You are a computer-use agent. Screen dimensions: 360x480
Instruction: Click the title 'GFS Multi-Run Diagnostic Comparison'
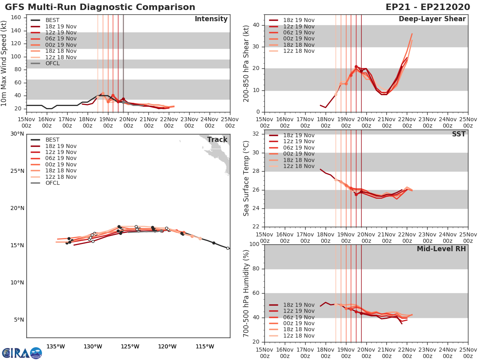click(x=100, y=7)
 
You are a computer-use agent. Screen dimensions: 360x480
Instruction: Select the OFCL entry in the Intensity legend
click(x=52, y=63)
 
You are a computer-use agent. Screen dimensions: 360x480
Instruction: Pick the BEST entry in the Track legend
click(x=52, y=140)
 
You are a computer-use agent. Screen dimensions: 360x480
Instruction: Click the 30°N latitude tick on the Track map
click(x=18, y=134)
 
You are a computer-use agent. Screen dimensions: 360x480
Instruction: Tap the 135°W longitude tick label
click(x=56, y=346)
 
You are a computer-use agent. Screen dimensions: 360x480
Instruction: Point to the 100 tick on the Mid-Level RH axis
click(x=254, y=244)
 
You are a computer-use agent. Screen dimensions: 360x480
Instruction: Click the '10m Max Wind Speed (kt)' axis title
click(x=4, y=61)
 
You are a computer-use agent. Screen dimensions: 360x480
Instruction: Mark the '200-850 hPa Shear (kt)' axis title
click(x=247, y=63)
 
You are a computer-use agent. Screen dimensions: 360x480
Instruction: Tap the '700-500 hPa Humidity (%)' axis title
click(x=247, y=293)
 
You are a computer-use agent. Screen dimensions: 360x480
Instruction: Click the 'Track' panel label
click(x=217, y=140)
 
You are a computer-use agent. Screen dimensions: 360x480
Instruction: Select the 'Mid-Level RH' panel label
click(x=441, y=249)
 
